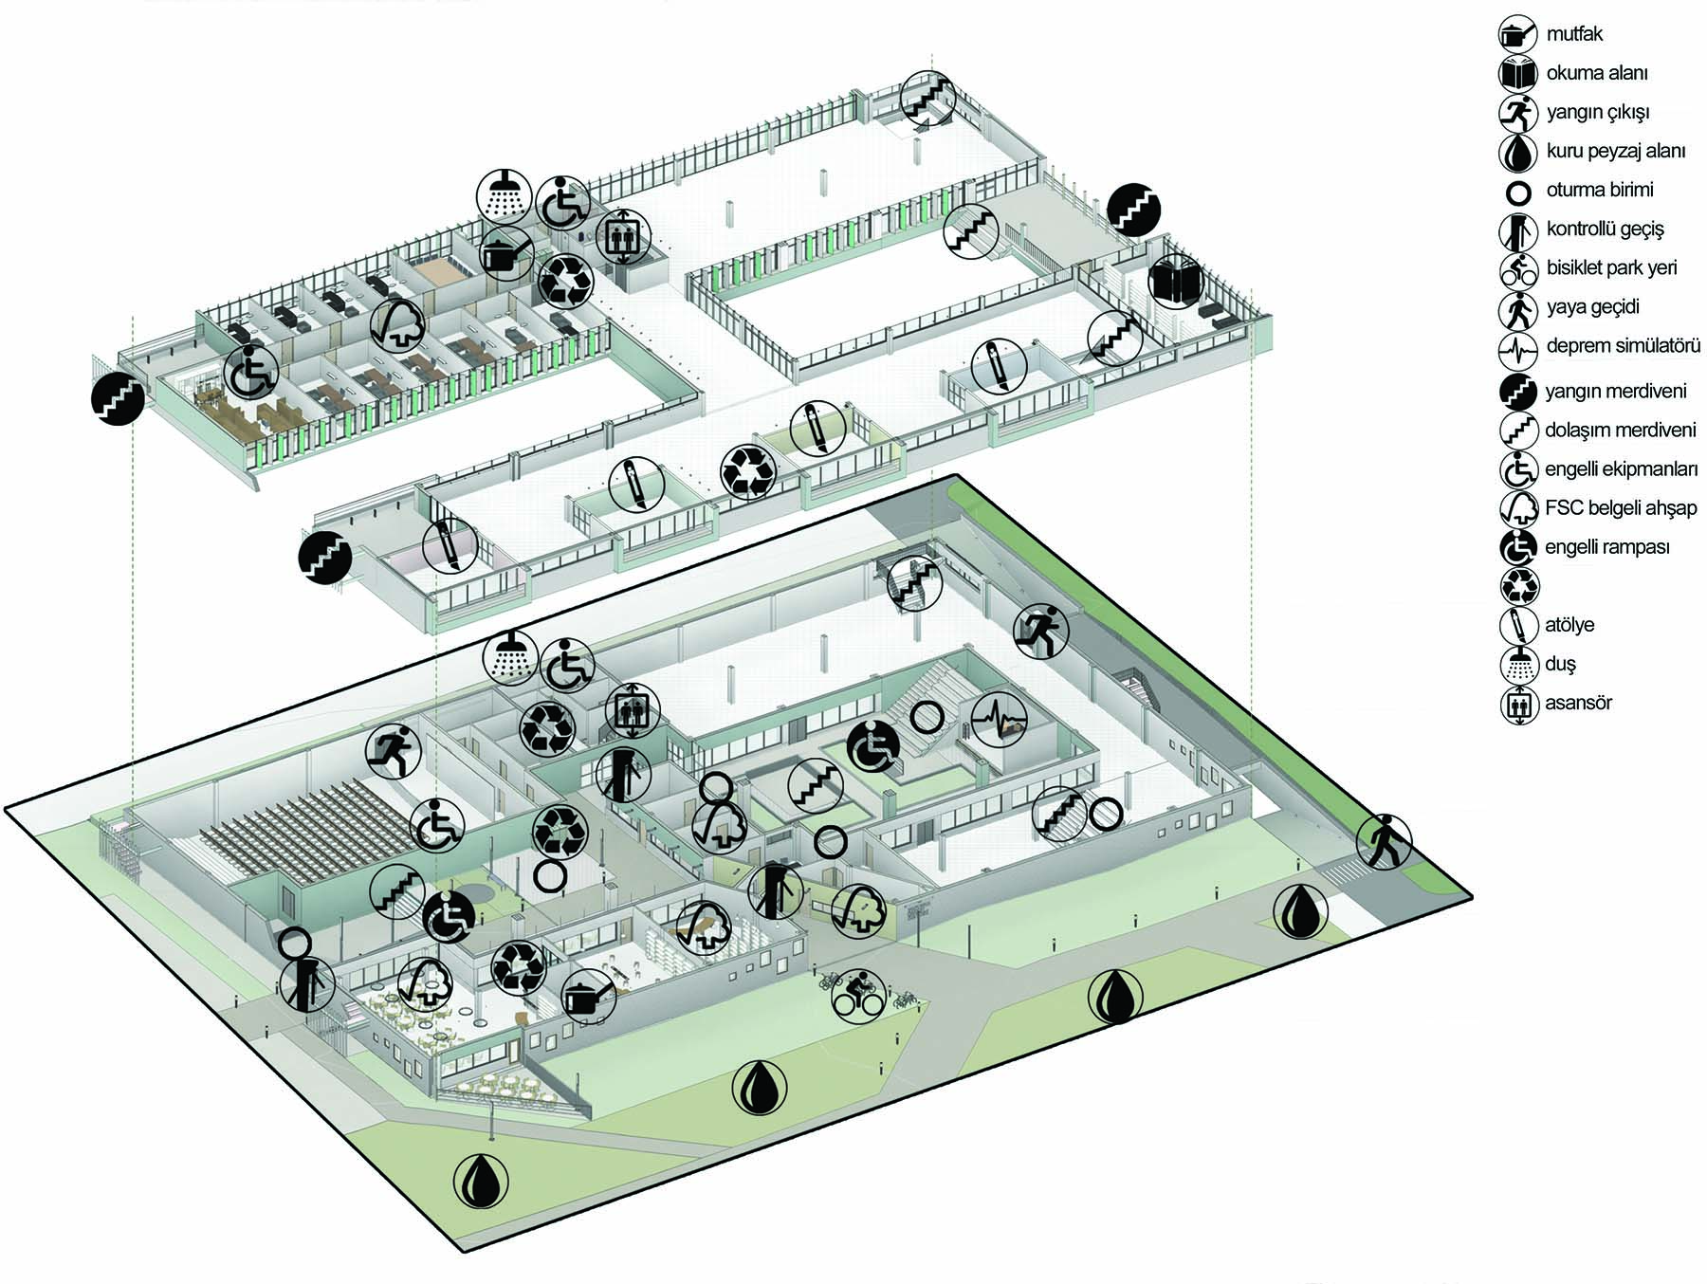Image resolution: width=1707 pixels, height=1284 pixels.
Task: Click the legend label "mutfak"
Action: click(x=1574, y=34)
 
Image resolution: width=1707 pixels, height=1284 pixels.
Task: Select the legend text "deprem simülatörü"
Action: click(x=1623, y=346)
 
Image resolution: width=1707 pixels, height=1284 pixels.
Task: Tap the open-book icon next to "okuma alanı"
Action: click(x=1517, y=73)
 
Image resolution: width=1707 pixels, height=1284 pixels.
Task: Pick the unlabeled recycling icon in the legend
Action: click(x=1518, y=586)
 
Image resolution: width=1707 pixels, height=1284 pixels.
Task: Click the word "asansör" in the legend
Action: click(x=1578, y=704)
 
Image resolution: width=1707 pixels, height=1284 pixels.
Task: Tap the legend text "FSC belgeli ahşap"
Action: click(x=1621, y=508)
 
